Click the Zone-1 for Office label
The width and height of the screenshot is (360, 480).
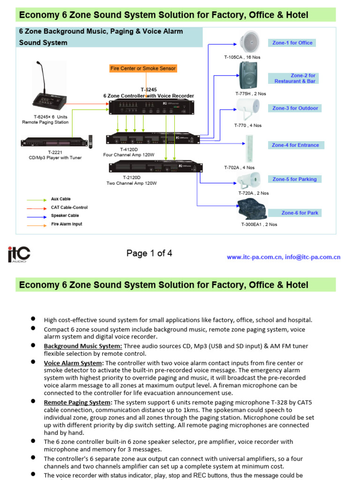point(292,43)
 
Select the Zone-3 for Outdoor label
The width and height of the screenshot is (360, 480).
point(295,108)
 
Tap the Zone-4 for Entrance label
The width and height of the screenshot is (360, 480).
point(295,145)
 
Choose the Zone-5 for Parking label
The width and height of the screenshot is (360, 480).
point(294,179)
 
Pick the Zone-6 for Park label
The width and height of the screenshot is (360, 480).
point(300,213)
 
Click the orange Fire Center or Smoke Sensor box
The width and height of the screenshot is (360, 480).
point(143,68)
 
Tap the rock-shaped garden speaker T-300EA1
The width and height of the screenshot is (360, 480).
point(252,210)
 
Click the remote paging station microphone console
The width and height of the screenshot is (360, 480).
point(49,93)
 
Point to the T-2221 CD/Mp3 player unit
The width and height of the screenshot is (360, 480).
point(54,142)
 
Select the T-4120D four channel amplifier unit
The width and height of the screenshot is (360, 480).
point(152,139)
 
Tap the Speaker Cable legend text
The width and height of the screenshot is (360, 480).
point(65,216)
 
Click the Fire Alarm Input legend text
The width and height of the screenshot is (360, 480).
point(67,225)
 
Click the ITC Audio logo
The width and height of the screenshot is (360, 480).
point(19,255)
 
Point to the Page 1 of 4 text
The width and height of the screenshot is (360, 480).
point(149,254)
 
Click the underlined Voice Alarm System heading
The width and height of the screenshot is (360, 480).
point(73,363)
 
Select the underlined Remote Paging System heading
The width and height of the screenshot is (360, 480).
point(78,403)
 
